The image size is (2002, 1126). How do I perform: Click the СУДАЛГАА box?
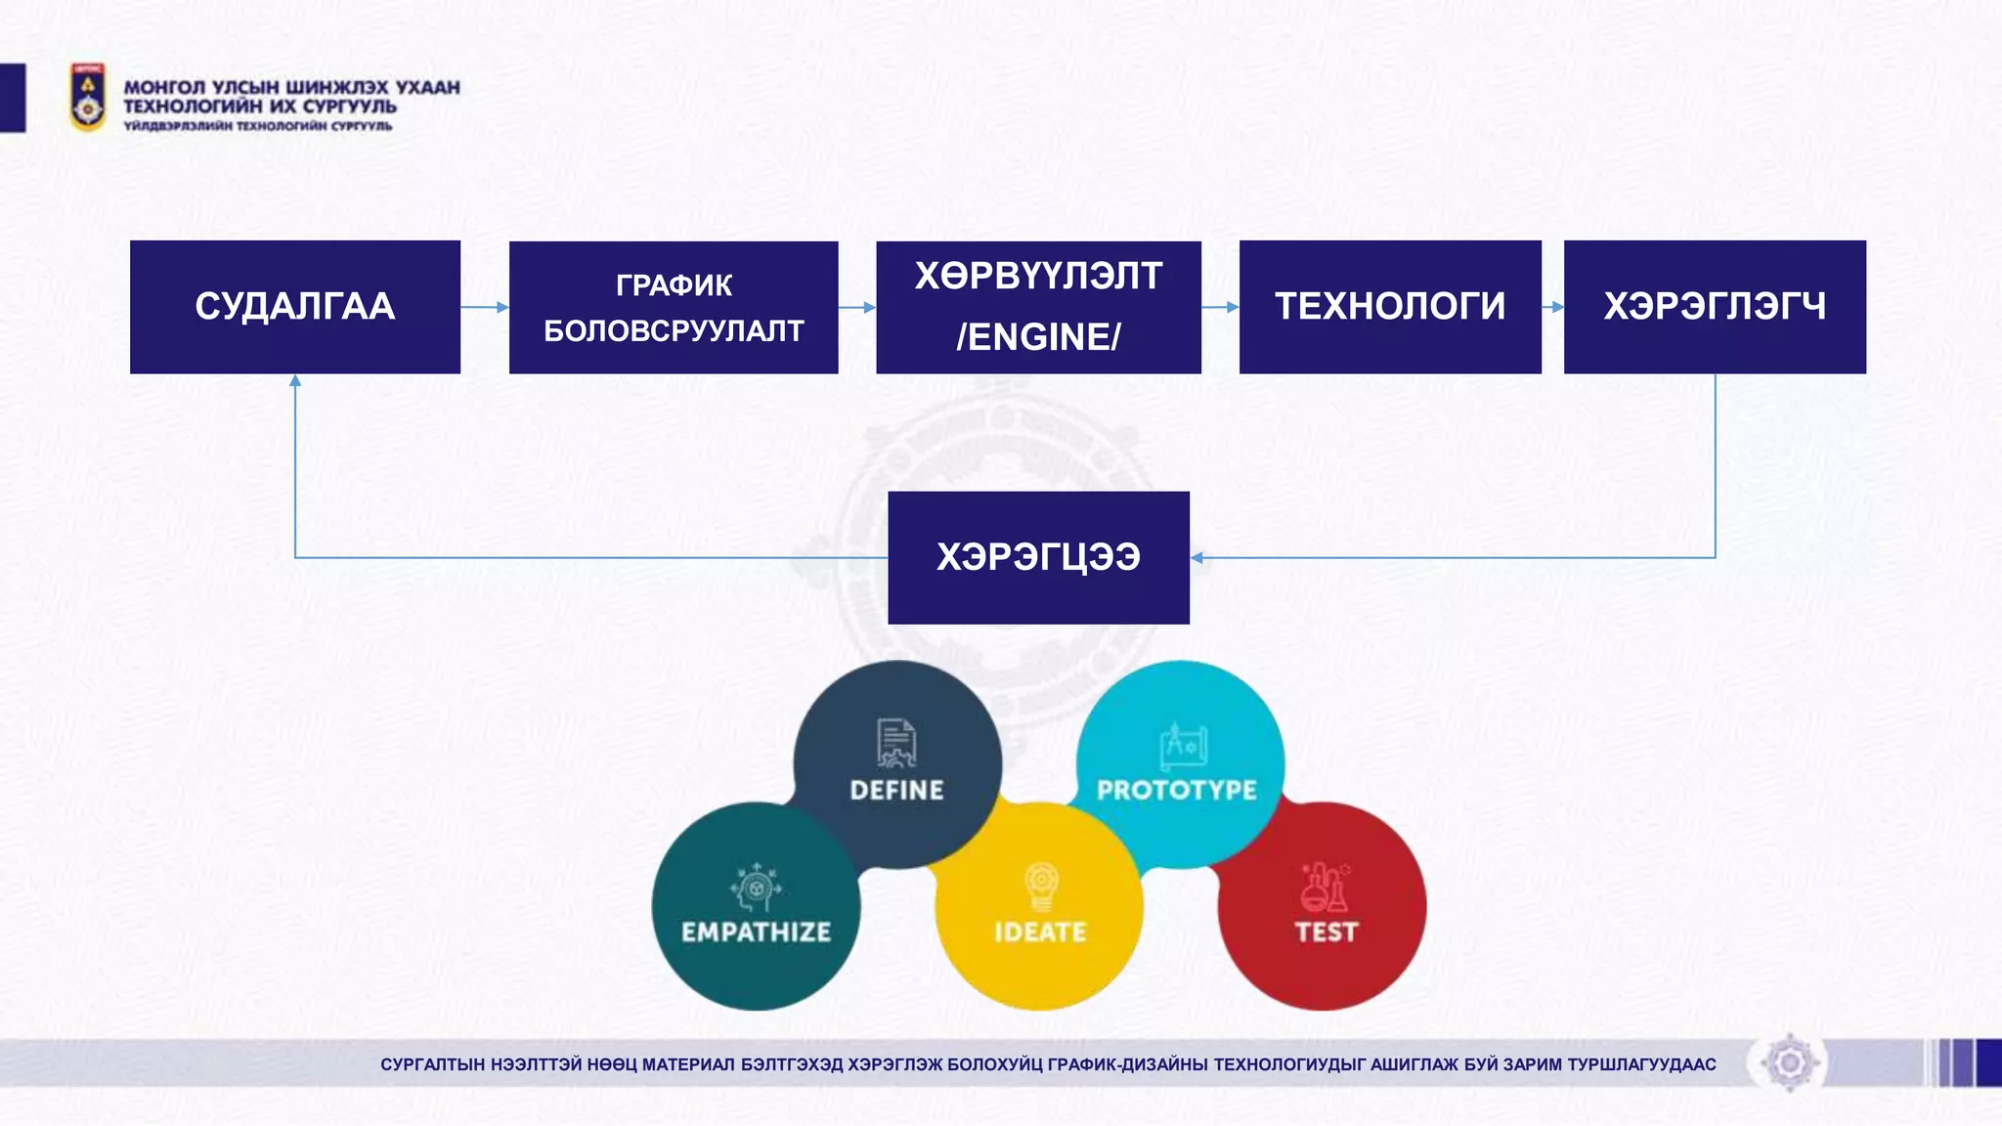(x=294, y=307)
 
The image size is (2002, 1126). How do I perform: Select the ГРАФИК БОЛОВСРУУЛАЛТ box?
(x=674, y=308)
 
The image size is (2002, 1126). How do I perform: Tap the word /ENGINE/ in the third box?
(x=1038, y=337)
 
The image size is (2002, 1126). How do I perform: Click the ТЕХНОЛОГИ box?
(x=1390, y=307)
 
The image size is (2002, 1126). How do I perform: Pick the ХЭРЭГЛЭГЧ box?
(x=1715, y=307)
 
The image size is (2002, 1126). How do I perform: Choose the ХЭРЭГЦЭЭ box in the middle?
(x=1038, y=557)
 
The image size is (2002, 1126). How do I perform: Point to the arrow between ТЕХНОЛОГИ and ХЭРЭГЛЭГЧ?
(x=1553, y=307)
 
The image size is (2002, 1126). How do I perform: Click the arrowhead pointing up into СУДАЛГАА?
(x=295, y=381)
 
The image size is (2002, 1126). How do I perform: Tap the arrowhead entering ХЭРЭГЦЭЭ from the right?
(x=1197, y=558)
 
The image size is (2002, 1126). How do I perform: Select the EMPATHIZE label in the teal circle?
(x=756, y=931)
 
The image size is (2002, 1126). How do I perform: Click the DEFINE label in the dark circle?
(x=896, y=790)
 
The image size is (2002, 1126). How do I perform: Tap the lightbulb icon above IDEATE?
(x=1041, y=886)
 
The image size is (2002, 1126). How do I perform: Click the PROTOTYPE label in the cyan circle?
(x=1177, y=790)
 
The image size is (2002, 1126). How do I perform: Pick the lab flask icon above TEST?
(x=1325, y=887)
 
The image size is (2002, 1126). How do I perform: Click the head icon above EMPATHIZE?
(x=755, y=887)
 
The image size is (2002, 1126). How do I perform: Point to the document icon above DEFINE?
(x=895, y=744)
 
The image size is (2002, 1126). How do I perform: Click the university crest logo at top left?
(x=88, y=97)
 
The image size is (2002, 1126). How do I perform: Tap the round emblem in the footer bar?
(x=1790, y=1062)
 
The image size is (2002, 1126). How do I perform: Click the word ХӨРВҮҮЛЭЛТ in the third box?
(x=1038, y=277)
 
